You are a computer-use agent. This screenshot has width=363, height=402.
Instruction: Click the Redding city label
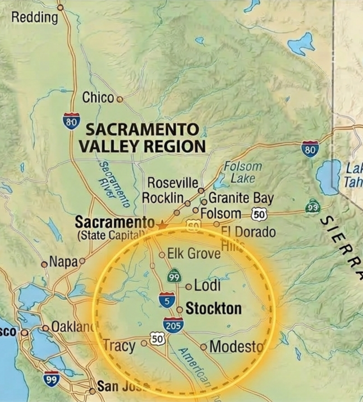[35, 17]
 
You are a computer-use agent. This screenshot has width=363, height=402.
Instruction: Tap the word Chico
[98, 98]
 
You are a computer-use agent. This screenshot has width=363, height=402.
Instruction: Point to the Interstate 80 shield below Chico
[71, 121]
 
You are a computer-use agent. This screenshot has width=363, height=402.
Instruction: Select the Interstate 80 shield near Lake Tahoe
[310, 149]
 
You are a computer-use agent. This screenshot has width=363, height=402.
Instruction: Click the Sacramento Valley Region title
[141, 138]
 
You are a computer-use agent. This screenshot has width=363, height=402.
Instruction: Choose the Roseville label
[173, 183]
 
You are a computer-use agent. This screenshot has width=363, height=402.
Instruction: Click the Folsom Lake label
[242, 172]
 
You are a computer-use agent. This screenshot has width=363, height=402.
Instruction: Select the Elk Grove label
[194, 254]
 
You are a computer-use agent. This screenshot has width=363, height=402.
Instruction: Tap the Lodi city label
[207, 286]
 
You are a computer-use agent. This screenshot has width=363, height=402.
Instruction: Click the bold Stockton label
[213, 308]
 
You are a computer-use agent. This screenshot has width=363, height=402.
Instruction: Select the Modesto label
[236, 346]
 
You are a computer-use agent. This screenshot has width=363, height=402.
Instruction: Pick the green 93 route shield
[314, 208]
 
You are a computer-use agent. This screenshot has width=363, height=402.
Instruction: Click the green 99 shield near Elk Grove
[174, 276]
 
